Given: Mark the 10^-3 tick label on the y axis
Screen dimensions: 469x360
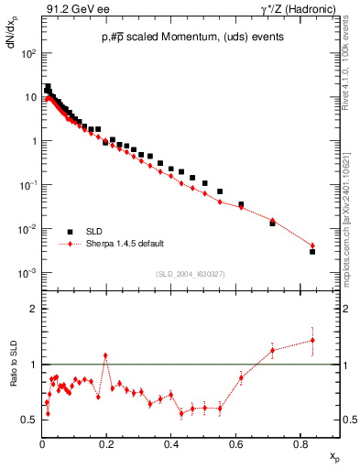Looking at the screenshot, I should pos(30,273).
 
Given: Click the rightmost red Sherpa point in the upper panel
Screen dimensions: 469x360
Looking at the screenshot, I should pos(312,245).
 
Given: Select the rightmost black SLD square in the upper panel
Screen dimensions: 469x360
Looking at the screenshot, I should pos(312,251).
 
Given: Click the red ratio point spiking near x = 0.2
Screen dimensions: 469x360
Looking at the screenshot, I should pos(106,355).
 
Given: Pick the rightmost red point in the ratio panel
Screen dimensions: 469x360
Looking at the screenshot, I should pos(312,341).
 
